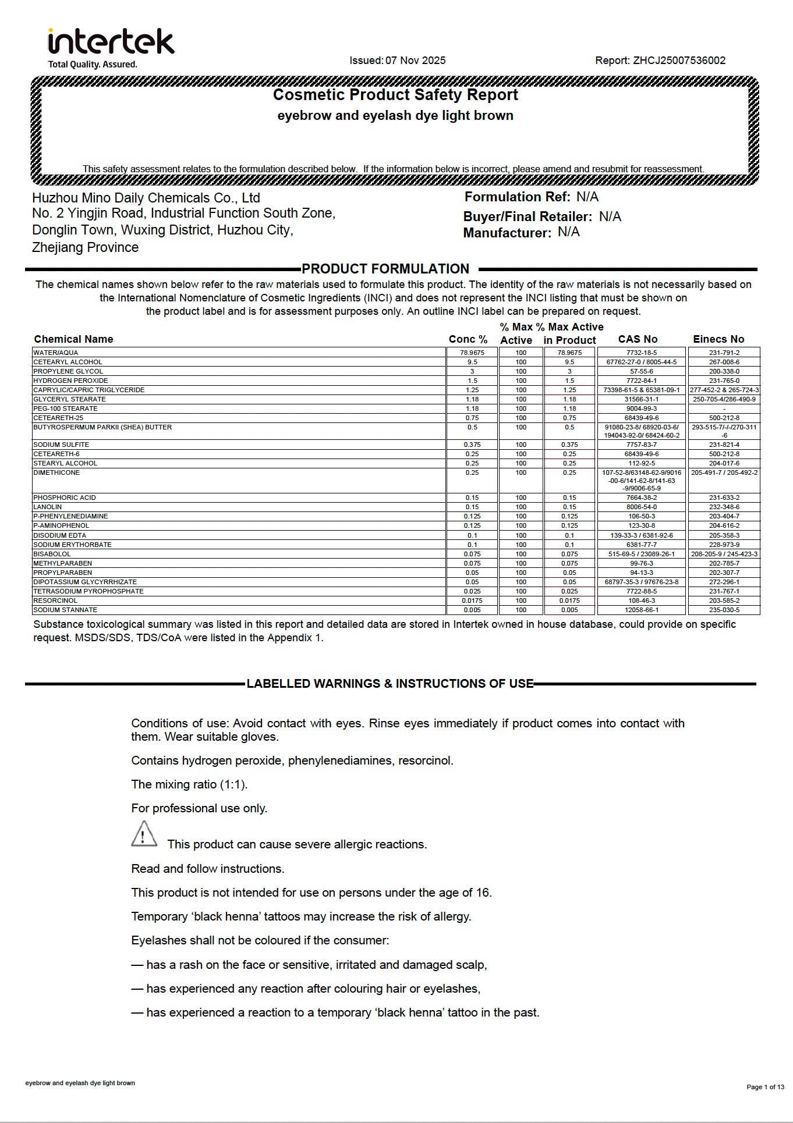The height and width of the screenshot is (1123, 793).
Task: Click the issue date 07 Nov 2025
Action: coord(415,61)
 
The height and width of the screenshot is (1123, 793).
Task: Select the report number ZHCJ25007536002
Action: coord(679,61)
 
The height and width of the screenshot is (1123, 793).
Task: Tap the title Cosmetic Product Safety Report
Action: coord(395,95)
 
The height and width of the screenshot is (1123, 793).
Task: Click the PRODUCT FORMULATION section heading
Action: coord(385,269)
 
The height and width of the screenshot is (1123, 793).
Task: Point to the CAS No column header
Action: coord(638,339)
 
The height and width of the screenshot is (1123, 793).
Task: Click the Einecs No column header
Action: coord(718,339)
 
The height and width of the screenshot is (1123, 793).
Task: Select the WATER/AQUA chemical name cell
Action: coord(56,353)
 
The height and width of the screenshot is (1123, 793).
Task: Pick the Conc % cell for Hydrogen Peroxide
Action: coord(472,381)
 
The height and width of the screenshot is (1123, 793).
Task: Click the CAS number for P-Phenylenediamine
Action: coord(641,516)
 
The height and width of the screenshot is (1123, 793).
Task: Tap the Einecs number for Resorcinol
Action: coord(724,600)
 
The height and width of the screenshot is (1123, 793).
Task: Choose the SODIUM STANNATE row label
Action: coord(65,610)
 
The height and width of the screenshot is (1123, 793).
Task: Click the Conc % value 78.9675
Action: coord(472,353)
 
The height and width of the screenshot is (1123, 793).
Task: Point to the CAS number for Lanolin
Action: coord(641,507)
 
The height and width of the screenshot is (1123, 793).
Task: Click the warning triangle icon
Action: coord(144,834)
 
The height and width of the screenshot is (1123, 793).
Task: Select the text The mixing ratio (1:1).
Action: coord(189,784)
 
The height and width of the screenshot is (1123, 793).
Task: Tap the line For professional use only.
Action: coord(199,808)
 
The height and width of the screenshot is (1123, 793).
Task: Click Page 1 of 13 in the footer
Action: coord(765,1087)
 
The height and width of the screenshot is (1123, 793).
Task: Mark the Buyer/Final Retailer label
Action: coord(528,217)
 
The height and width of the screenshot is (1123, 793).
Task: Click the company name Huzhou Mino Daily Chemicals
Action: coord(146,198)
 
